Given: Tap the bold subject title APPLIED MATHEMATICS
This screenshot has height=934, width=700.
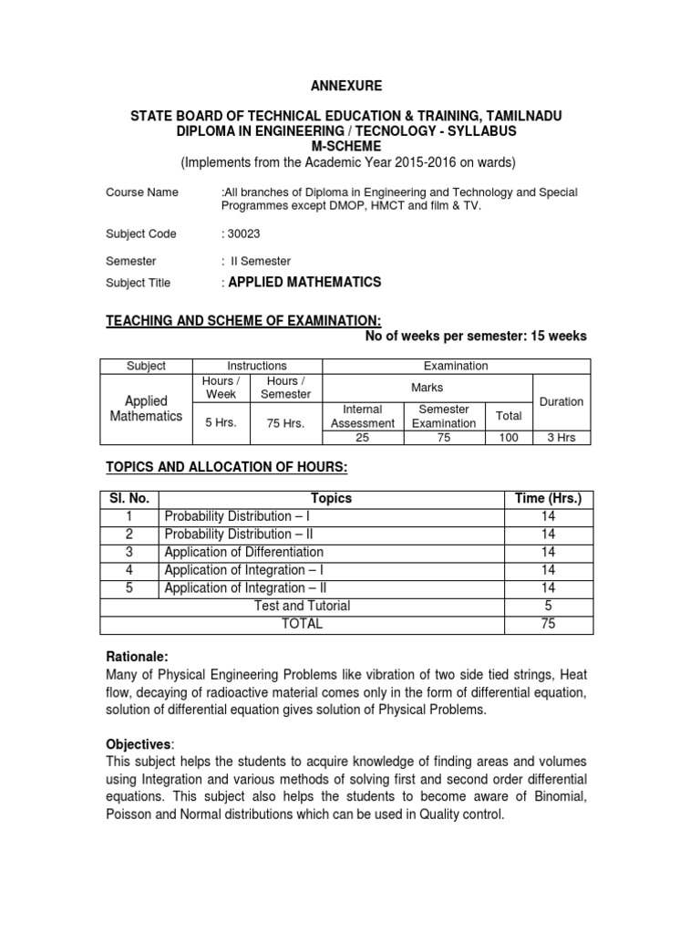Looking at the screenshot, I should [304, 283].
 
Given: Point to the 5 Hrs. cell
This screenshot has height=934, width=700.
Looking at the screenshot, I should [221, 422].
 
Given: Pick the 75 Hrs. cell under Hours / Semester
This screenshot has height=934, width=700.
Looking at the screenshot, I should [287, 422].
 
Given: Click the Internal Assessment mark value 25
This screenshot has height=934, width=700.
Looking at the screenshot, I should [362, 438].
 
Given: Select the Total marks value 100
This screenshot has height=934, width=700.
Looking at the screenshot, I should [509, 438].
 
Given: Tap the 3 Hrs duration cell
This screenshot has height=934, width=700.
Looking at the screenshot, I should [561, 438].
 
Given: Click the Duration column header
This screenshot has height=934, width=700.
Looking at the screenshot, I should [561, 401].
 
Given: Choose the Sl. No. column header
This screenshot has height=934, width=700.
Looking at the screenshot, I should [129, 498].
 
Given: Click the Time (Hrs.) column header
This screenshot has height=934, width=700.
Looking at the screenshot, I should [548, 498].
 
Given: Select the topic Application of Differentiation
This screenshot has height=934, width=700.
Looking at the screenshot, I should [243, 552].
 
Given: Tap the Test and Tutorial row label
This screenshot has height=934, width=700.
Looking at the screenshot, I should [302, 606].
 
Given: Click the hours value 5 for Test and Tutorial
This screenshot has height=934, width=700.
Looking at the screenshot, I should [548, 606].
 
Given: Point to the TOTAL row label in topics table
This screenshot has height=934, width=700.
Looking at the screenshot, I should [302, 624].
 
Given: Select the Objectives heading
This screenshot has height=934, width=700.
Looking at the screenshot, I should [139, 745].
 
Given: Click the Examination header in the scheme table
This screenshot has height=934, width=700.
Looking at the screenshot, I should [456, 366].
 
